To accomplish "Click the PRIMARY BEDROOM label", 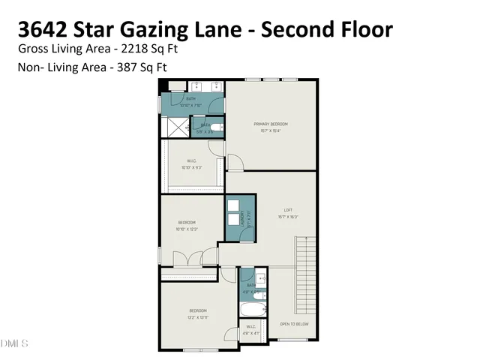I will (x=271, y=124).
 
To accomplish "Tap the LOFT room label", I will (x=287, y=210).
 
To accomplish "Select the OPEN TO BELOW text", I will (x=295, y=324).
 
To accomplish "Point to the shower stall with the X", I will (x=172, y=127).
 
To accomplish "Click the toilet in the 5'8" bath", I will (x=216, y=128).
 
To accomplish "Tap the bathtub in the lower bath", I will (x=252, y=309).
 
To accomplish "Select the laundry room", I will (x=241, y=217).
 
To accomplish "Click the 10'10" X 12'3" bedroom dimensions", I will (x=187, y=229).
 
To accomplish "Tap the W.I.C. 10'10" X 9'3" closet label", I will (x=191, y=167).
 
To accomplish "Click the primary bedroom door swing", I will (x=235, y=161).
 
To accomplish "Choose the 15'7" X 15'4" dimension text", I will (x=271, y=130).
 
